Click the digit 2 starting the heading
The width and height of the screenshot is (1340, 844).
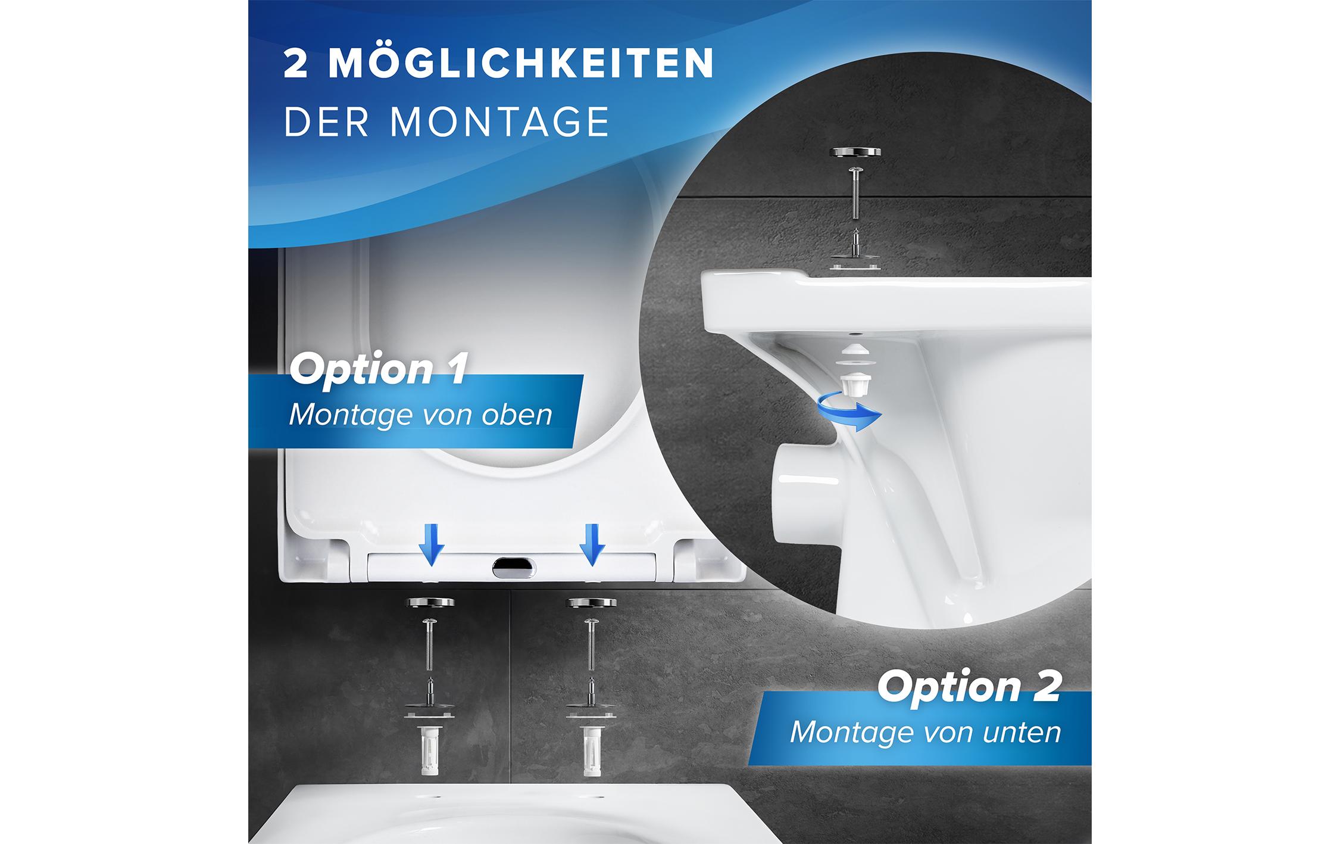pos(296,64)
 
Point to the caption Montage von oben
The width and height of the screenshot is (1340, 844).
pos(420,415)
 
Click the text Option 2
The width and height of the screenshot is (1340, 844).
pos(969,687)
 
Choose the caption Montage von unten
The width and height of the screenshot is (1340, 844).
pos(925,732)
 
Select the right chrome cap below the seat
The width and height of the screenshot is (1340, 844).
pos(591,603)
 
